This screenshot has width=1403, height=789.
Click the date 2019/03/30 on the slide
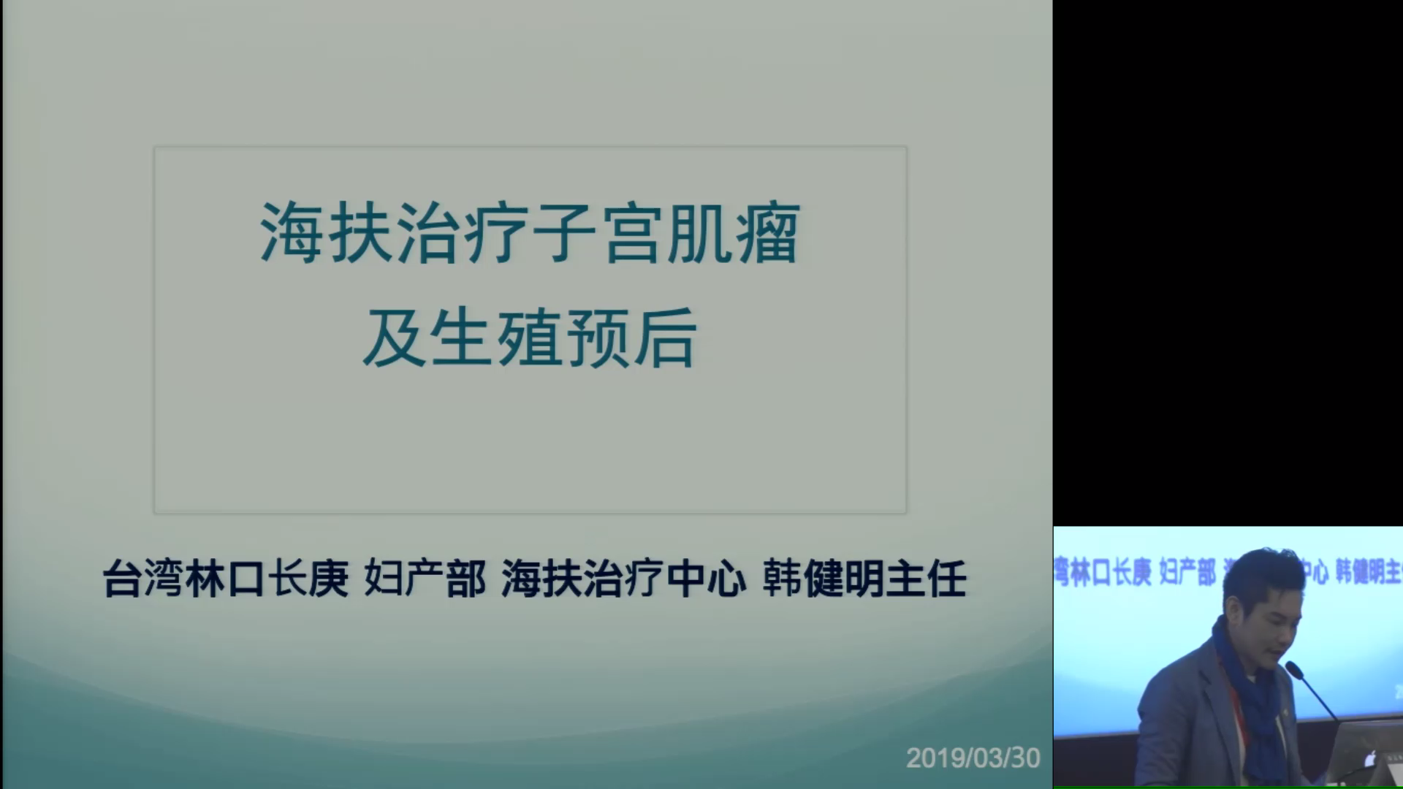point(973,758)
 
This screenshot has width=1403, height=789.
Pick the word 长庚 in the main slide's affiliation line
point(308,579)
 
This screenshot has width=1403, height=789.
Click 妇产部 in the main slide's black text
point(425,579)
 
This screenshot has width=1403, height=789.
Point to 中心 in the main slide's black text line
point(707,579)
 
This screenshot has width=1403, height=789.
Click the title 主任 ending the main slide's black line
point(927,579)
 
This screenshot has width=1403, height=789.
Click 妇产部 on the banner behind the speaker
point(1187,572)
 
